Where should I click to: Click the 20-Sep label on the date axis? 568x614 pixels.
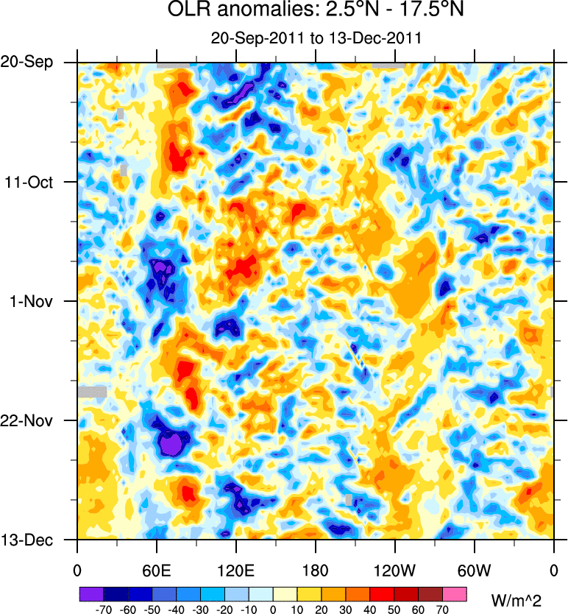[x=26, y=63]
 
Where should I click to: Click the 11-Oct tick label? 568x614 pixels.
[x=28, y=182]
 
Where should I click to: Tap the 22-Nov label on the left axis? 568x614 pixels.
[x=27, y=420]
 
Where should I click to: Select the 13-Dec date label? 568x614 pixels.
[x=27, y=540]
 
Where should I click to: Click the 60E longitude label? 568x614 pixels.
[x=157, y=569]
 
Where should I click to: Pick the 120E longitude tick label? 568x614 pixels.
[x=236, y=569]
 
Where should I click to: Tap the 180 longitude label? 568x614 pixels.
[x=316, y=569]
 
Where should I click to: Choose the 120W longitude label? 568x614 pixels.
[x=395, y=569]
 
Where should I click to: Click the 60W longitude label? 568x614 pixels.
[x=475, y=569]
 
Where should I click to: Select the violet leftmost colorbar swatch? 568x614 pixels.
[x=90, y=593]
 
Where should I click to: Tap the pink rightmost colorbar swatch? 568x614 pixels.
[x=455, y=593]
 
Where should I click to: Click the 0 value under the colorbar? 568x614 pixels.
[x=273, y=610]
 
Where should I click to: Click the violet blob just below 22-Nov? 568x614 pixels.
[x=171, y=445]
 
